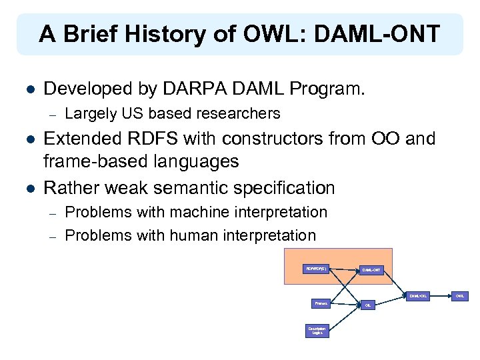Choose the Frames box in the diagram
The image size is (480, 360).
pyautogui.click(x=321, y=303)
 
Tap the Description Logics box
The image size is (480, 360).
pyautogui.click(x=317, y=331)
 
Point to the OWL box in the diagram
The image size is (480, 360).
pyautogui.click(x=460, y=295)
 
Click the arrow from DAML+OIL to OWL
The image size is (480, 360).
pyautogui.click(x=441, y=295)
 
